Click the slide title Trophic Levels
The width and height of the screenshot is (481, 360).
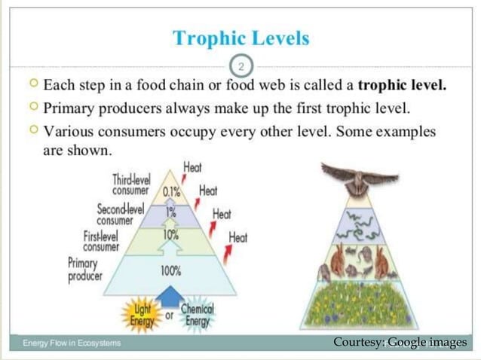[240, 38]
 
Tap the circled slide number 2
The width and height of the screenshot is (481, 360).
[240, 66]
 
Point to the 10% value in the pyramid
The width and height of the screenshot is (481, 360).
[170, 235]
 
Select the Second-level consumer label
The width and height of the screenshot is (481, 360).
[120, 213]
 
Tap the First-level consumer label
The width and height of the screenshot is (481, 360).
[101, 240]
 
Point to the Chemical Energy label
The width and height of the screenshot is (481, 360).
[197, 315]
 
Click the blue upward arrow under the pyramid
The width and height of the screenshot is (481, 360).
[172, 294]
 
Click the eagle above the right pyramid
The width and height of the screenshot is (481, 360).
[359, 179]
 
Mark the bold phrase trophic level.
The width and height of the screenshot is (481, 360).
[402, 84]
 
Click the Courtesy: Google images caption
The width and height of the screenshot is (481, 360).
[400, 343]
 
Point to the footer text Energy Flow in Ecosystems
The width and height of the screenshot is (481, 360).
[72, 343]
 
